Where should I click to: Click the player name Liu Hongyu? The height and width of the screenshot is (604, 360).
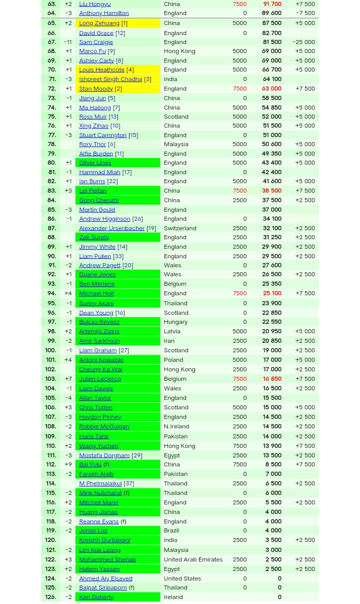pyautogui.click(x=94, y=4)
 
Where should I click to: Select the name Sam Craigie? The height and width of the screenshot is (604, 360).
pyautogui.click(x=95, y=42)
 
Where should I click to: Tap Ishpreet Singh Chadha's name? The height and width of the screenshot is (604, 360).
pyautogui.click(x=110, y=79)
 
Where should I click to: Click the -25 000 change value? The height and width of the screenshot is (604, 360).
pyautogui.click(x=303, y=42)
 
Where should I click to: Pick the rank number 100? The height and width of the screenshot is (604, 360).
pyautogui.click(x=50, y=350)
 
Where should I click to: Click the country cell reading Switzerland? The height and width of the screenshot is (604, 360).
pyautogui.click(x=179, y=228)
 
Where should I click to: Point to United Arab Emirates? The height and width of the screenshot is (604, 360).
pyautogui.click(x=192, y=559)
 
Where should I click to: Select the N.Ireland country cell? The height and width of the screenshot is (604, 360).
pyautogui.click(x=176, y=426)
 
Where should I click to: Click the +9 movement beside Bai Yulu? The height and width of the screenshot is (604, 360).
pyautogui.click(x=68, y=464)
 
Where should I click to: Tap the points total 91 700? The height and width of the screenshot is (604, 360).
pyautogui.click(x=272, y=4)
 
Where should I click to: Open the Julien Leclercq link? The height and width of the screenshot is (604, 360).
pyautogui.click(x=99, y=378)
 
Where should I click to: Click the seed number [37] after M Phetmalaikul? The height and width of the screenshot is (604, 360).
pyautogui.click(x=128, y=483)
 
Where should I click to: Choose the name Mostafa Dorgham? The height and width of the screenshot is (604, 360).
pyautogui.click(x=104, y=455)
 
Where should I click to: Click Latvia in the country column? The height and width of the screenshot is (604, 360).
pyautogui.click(x=171, y=331)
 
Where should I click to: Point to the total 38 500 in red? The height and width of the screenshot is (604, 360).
pyautogui.click(x=271, y=190)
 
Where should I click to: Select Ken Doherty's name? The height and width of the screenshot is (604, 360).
pyautogui.click(x=96, y=596)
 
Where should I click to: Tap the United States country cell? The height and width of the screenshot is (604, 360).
pyautogui.click(x=182, y=578)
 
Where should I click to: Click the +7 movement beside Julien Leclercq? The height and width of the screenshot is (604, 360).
pyautogui.click(x=68, y=378)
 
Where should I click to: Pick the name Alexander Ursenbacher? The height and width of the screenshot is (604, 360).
pyautogui.click(x=111, y=228)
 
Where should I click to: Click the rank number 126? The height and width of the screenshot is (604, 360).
pyautogui.click(x=50, y=596)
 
